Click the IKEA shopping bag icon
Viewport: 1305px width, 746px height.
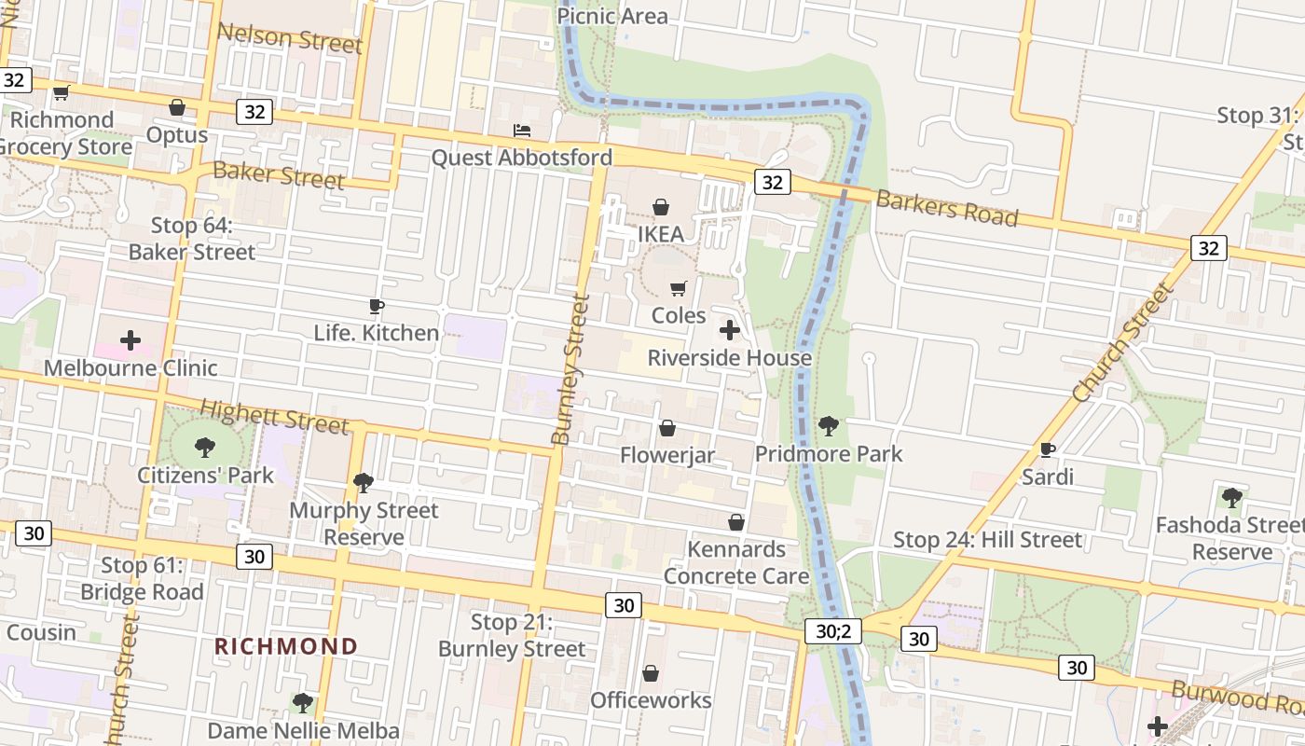click(x=661, y=206)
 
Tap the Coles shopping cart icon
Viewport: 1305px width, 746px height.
click(x=679, y=288)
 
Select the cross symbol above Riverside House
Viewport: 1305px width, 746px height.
click(x=730, y=330)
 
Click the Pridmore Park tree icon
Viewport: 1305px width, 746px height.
click(x=828, y=426)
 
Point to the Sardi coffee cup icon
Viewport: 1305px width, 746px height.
click(x=1048, y=449)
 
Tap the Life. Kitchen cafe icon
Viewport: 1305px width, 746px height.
click(x=377, y=306)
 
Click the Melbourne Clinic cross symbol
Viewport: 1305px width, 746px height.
click(x=130, y=340)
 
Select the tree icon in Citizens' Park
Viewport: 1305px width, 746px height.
click(x=205, y=448)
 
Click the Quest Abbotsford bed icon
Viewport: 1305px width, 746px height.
click(x=522, y=131)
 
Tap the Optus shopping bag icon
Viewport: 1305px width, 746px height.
click(x=177, y=107)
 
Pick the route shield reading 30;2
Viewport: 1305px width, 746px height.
click(x=833, y=631)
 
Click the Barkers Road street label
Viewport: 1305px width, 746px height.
click(x=946, y=207)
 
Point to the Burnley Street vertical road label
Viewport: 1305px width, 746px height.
click(x=570, y=369)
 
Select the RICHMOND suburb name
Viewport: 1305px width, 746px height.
click(x=286, y=646)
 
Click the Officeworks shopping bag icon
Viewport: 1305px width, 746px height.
click(x=651, y=672)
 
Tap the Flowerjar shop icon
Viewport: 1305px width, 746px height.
click(x=667, y=428)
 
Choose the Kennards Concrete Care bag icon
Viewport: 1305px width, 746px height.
click(x=736, y=522)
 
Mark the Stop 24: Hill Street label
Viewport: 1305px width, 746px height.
click(x=988, y=540)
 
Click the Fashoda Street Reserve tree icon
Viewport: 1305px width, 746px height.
click(x=1232, y=497)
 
